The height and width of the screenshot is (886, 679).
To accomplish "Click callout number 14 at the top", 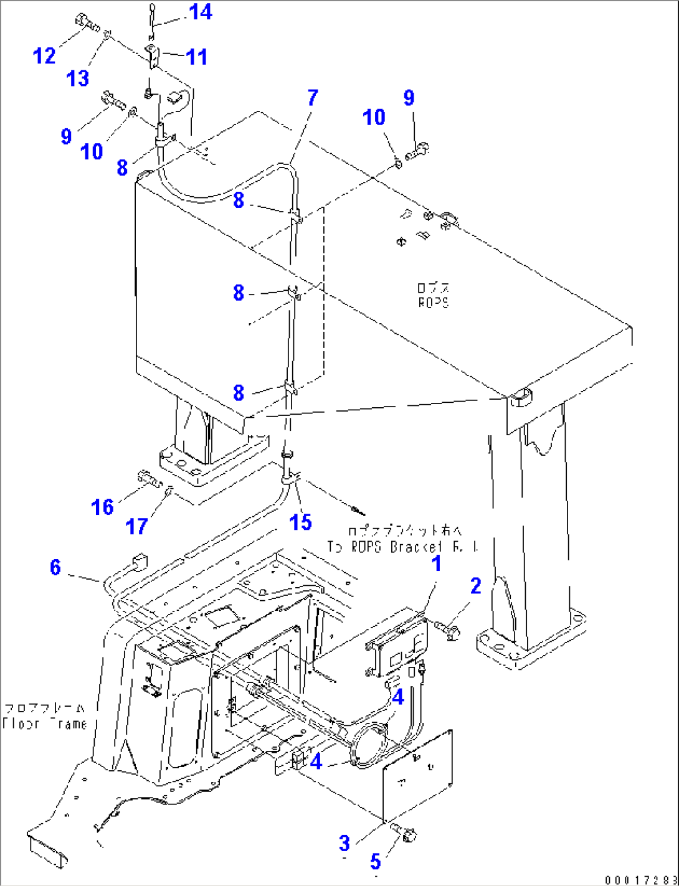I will pos(200,12).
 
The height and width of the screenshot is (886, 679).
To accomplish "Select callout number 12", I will pos(44,56).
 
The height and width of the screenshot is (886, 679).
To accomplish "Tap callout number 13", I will pos(78,78).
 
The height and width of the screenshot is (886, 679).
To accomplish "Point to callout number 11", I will pos(197,57).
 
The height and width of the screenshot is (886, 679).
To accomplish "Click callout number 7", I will pos(312,97).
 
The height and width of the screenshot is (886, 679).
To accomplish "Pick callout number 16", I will pos(103,507).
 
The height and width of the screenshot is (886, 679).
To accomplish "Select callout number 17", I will pos(136,527).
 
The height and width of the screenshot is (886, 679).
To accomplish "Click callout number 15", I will pos(301,522).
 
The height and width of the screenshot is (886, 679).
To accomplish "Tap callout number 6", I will pos(55,567).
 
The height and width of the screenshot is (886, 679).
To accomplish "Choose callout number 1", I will pos(436,563).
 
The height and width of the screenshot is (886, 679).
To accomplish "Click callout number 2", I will pos(475,586).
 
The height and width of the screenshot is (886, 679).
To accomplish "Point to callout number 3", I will pos(344,844).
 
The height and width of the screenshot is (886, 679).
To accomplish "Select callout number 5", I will pos(375,862).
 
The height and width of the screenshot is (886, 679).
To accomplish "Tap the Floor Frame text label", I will pos(45,717).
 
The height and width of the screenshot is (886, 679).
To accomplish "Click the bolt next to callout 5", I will pos(405,834).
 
